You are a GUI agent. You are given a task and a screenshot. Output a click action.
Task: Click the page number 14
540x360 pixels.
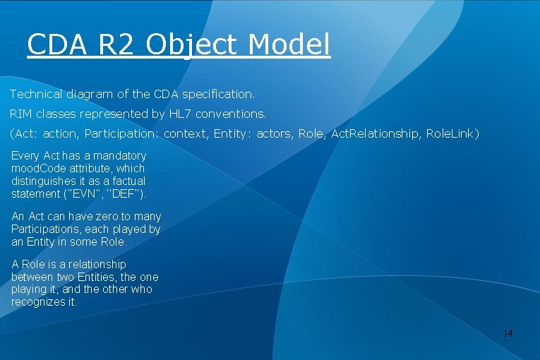(x=508, y=332)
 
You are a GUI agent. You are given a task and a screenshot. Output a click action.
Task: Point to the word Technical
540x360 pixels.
(x=36, y=94)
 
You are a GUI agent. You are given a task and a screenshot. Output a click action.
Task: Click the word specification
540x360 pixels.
(x=220, y=94)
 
